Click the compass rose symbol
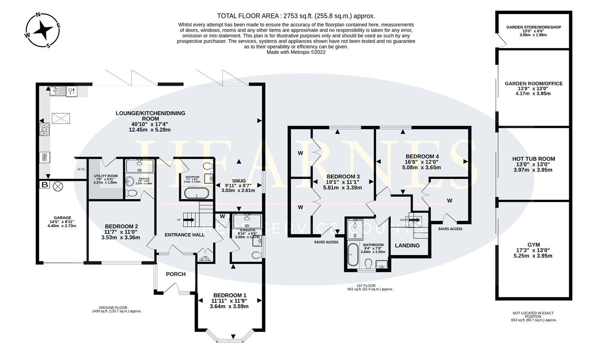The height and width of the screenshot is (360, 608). pos(43,30)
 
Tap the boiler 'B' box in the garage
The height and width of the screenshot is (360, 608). pos(45,185)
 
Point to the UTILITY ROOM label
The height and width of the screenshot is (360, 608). pos(105,176)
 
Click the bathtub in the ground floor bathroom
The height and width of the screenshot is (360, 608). pos(196,194)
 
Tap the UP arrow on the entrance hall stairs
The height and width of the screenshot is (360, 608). pos(188,220)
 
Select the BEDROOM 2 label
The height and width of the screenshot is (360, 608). pos(121,226)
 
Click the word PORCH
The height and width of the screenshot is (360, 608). pos(176,274)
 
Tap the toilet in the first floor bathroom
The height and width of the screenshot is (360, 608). pos(368,263)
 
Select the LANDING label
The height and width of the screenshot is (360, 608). pos(407,245)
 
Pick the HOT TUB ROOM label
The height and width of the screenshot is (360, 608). pos(534,159)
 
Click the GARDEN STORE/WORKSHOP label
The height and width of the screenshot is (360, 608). pos(534,27)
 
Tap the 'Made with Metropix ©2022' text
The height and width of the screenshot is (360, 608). pos(296,52)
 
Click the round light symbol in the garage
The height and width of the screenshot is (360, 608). pos(58,185)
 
